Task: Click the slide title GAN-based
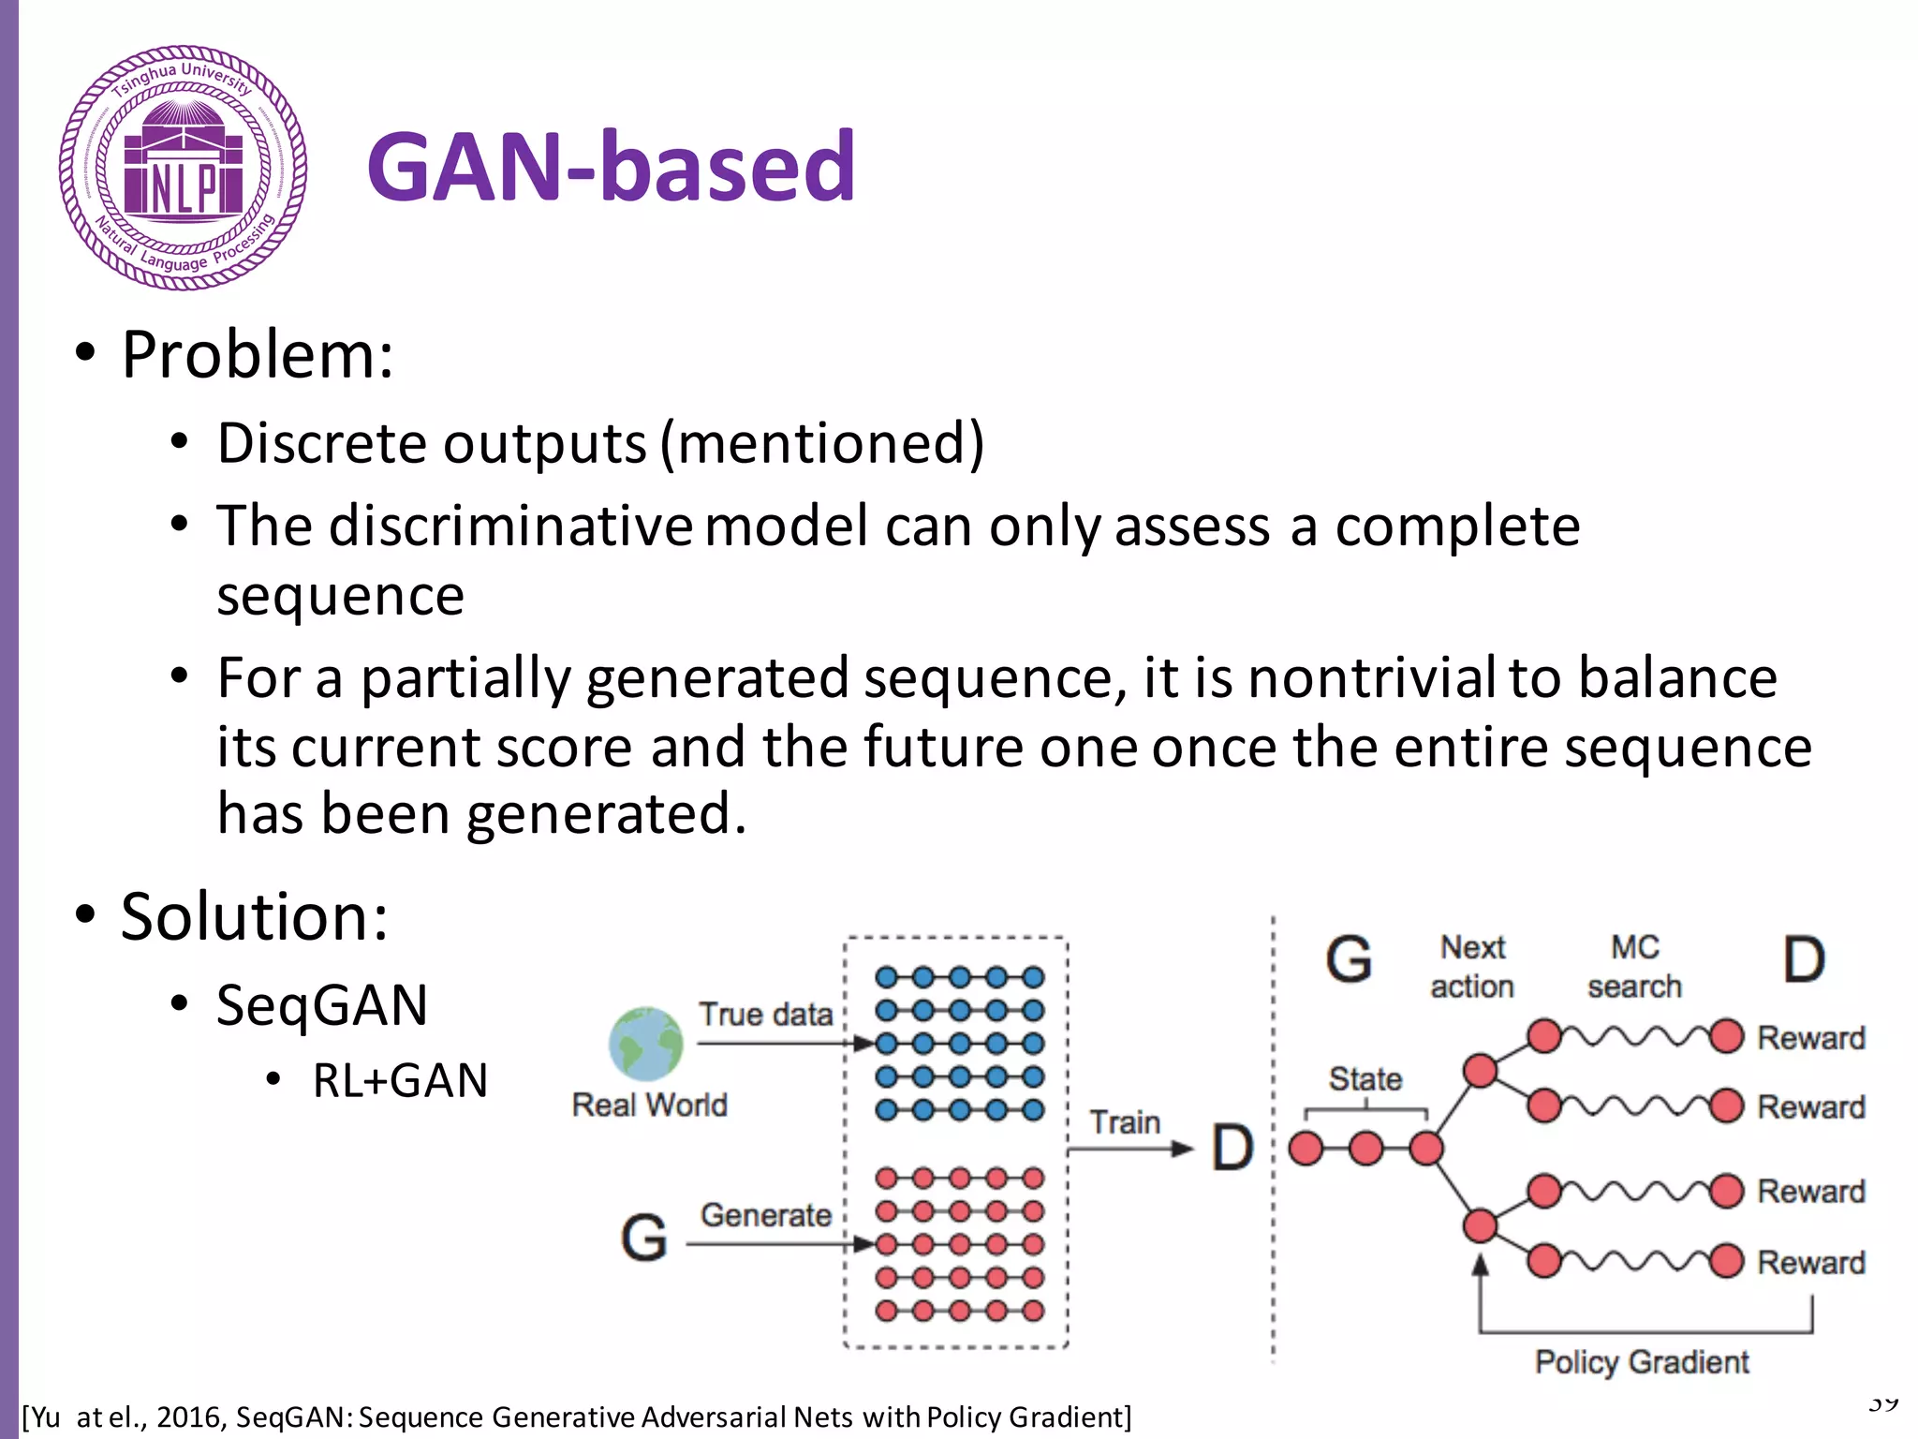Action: click(611, 167)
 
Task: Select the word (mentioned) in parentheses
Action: click(822, 442)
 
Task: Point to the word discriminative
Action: click(510, 526)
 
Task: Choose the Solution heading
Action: click(254, 916)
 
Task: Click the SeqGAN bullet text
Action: click(321, 1005)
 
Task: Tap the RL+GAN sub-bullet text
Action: click(400, 1080)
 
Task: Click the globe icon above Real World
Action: click(645, 1043)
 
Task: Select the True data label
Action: click(765, 1015)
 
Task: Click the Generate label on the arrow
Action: click(765, 1215)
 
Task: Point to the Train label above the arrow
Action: click(1124, 1121)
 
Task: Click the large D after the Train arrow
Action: click(1232, 1148)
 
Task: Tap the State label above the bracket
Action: click(1365, 1079)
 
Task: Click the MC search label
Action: click(1634, 967)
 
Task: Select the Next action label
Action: click(1472, 967)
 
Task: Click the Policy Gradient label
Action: click(1641, 1361)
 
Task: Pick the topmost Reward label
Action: click(1810, 1038)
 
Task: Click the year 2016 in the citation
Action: click(191, 1417)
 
